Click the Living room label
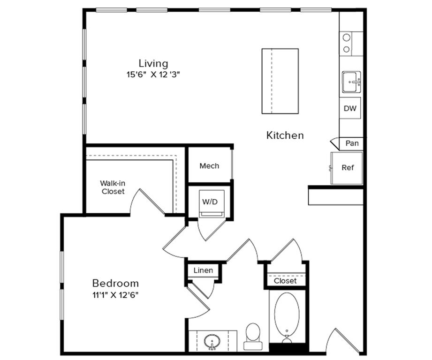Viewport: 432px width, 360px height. [153, 63]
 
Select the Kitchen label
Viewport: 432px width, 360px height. [285, 135]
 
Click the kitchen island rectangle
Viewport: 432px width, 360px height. [280, 81]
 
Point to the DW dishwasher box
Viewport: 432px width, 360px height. [350, 108]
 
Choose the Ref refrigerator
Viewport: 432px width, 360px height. [347, 168]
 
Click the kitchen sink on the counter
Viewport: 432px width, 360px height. [351, 82]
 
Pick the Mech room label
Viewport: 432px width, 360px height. [209, 166]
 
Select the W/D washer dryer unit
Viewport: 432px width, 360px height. [210, 202]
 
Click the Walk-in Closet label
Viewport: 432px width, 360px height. [113, 187]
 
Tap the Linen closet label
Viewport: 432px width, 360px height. [203, 270]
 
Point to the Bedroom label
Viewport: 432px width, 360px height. [115, 283]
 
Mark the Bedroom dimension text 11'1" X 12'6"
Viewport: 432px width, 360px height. [115, 295]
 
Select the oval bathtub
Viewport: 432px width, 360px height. [287, 315]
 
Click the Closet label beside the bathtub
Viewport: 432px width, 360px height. [285, 281]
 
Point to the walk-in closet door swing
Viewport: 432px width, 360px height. [148, 202]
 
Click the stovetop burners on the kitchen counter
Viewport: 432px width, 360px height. [347, 43]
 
